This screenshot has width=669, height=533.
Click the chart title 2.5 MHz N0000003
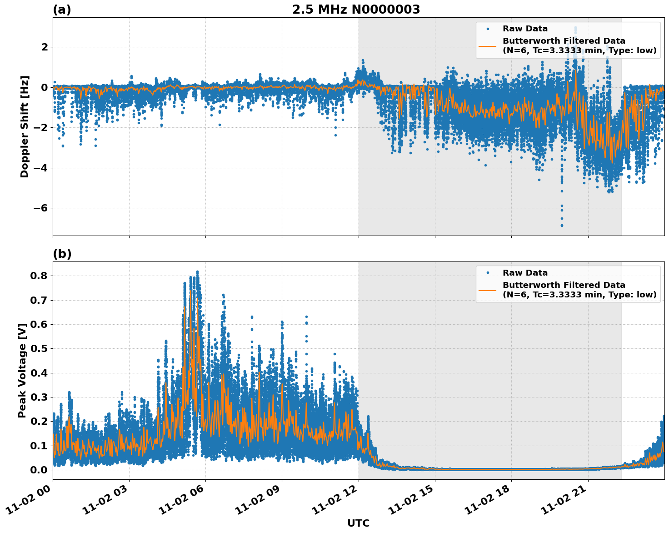pyautogui.click(x=356, y=10)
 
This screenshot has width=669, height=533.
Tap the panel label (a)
pyautogui.click(x=62, y=10)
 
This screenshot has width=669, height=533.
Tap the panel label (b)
pyautogui.click(x=62, y=254)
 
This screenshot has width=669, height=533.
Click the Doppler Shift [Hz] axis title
pyautogui.click(x=25, y=126)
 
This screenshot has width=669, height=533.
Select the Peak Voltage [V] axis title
pyautogui.click(x=22, y=370)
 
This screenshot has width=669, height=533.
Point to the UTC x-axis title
pyautogui.click(x=358, y=523)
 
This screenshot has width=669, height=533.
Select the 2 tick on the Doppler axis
pyautogui.click(x=45, y=47)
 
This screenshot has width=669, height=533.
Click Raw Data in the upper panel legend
pyautogui.click(x=525, y=29)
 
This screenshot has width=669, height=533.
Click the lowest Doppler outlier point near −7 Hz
pyautogui.click(x=562, y=225)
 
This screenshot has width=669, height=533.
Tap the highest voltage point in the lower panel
pyautogui.click(x=197, y=272)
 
